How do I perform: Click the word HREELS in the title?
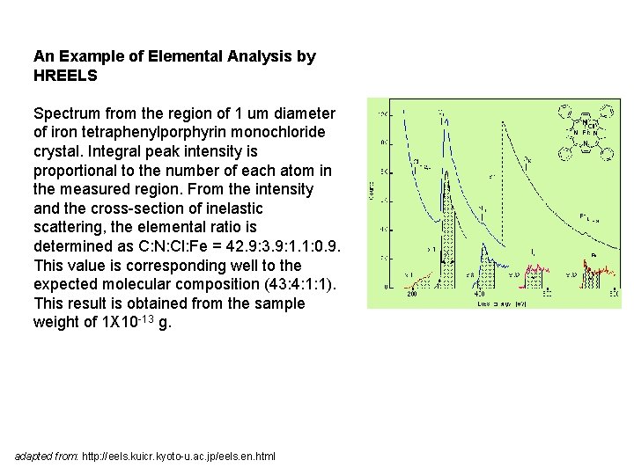point(65,76)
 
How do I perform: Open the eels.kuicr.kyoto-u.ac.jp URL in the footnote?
point(179,457)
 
